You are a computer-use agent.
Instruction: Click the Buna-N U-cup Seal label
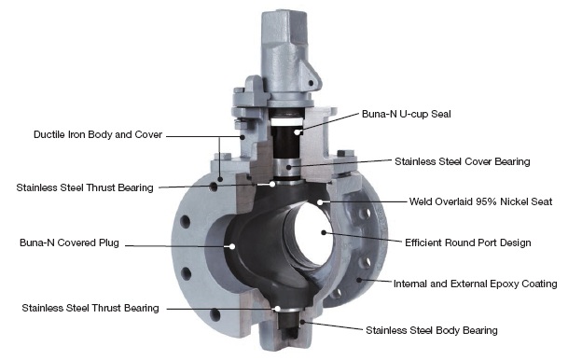tap(406, 114)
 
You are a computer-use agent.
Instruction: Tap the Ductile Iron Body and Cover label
tap(98, 134)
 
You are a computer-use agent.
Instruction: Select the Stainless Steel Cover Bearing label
tap(462, 161)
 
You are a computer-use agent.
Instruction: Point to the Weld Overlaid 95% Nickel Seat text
tap(480, 201)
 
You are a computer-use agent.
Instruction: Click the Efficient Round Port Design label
tap(467, 242)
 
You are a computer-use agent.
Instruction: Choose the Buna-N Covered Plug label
tap(69, 242)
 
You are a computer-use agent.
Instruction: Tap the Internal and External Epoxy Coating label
tap(475, 284)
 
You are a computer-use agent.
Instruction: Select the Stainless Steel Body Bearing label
tap(432, 330)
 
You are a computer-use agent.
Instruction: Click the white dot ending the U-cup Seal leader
tap(297, 132)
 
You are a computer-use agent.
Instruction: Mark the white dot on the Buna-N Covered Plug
tap(232, 246)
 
